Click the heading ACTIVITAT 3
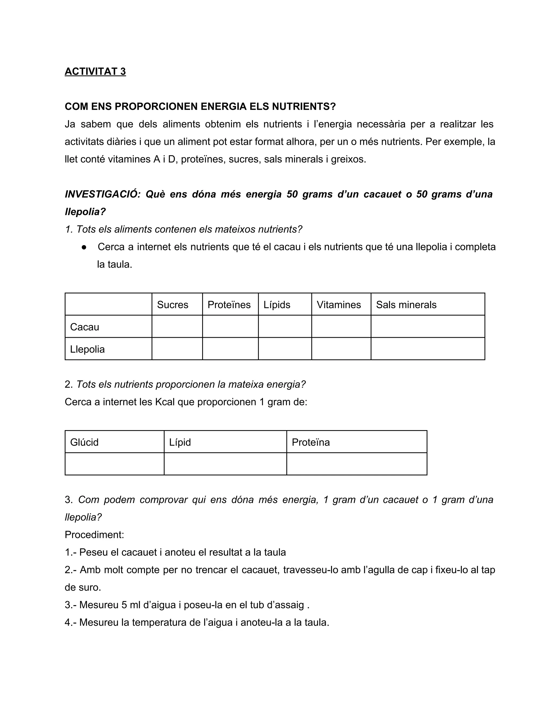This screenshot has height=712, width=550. (x=95, y=71)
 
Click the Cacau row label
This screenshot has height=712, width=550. (x=85, y=327)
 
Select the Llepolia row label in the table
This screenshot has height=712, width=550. (x=87, y=349)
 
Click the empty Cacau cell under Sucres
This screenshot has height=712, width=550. (x=177, y=326)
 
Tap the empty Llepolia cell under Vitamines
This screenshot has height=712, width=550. (x=341, y=349)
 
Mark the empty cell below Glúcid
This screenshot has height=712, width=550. (x=114, y=464)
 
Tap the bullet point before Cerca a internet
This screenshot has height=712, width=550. (x=84, y=247)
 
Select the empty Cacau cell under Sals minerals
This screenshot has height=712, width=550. (x=428, y=326)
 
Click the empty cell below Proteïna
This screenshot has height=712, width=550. (x=356, y=464)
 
